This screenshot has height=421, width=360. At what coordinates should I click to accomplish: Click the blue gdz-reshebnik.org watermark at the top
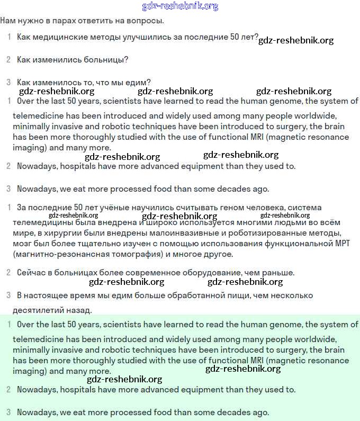(x=180, y=6)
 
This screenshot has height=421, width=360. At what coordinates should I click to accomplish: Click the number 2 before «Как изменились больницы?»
(x=8, y=60)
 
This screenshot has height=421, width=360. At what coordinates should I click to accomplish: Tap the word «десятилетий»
(x=38, y=310)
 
